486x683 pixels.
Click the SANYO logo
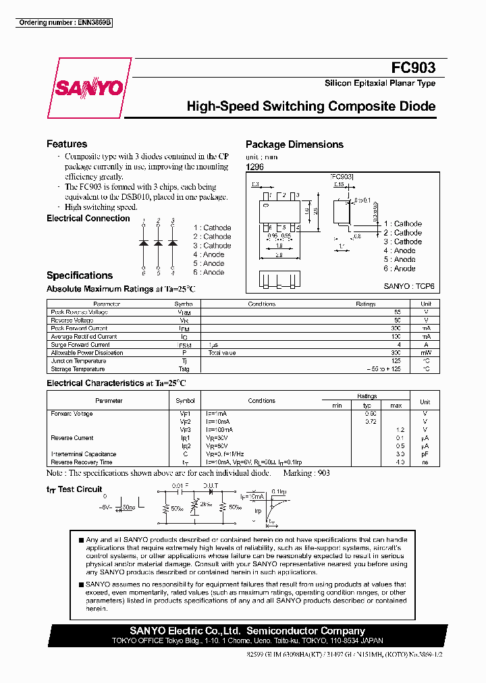[89, 88]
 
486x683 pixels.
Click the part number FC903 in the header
[413, 67]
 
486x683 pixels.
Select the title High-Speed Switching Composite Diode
[310, 107]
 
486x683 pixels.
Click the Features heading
[67, 144]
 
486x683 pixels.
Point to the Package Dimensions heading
[294, 144]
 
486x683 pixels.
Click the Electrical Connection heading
[88, 218]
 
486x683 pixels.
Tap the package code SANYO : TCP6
[409, 286]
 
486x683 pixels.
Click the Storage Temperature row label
[78, 369]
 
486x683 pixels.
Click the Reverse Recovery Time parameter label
[81, 462]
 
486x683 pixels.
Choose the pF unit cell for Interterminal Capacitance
[425, 454]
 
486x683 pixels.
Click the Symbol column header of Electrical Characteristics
[185, 401]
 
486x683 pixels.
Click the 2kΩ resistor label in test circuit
[207, 504]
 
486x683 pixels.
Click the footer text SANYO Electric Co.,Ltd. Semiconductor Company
[247, 630]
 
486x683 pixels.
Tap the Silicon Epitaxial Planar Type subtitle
[380, 84]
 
